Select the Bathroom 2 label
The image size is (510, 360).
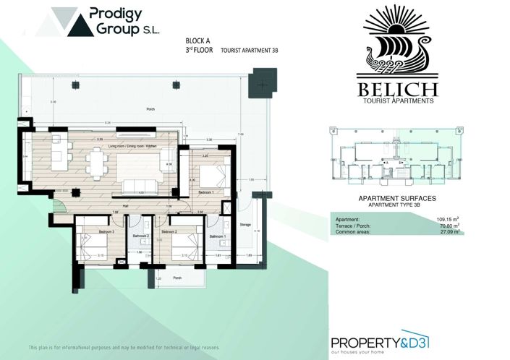coord(140,236)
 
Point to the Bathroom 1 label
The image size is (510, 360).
coord(217,236)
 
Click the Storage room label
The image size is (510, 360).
coord(245,226)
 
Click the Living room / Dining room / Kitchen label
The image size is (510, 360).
coord(133,146)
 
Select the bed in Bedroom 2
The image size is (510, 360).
coord(178,246)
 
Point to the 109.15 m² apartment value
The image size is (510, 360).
coord(447,218)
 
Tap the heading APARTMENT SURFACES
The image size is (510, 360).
coord(396,197)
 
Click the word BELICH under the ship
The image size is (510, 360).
coord(396,90)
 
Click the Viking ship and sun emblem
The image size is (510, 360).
coord(396,42)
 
